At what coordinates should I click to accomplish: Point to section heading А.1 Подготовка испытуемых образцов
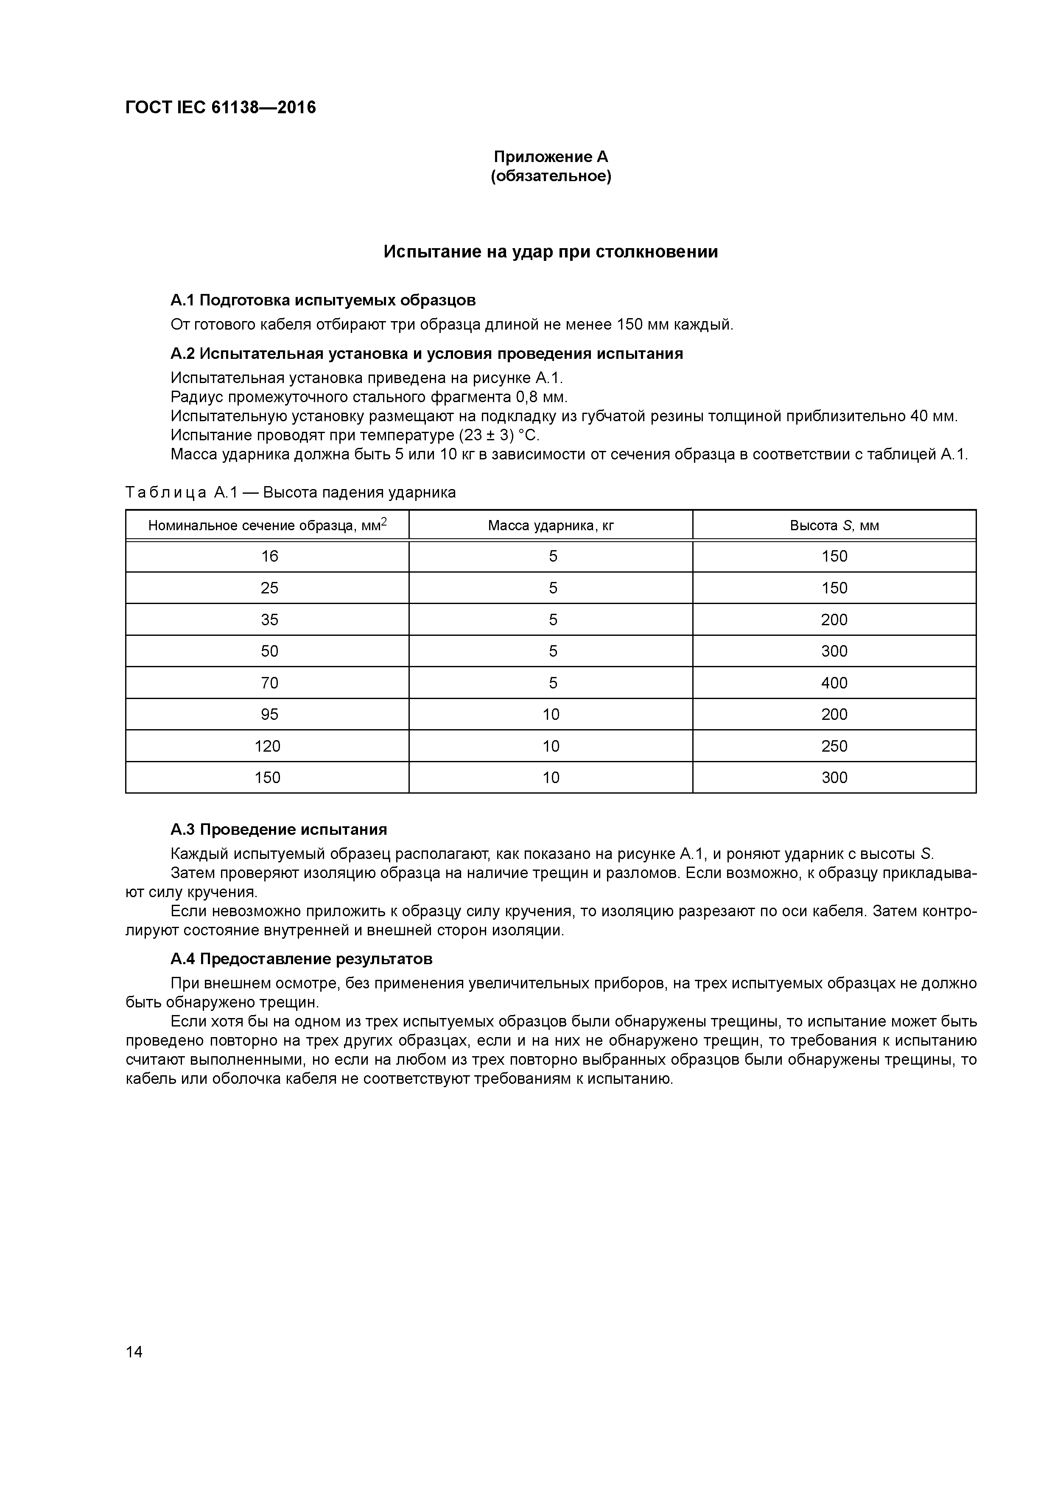click(323, 300)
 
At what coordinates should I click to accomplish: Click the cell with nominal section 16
click(269, 557)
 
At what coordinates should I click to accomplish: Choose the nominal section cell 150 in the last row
click(267, 778)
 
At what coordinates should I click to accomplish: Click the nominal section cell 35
click(269, 620)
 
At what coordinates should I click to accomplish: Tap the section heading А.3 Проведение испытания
click(279, 830)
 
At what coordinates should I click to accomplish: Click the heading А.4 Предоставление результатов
click(302, 959)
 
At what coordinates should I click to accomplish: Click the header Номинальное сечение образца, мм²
click(267, 525)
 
